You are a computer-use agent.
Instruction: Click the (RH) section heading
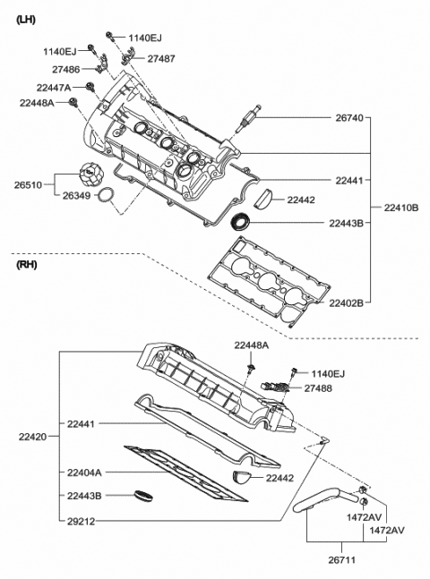(x=28, y=266)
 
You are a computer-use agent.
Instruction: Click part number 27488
(x=317, y=387)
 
